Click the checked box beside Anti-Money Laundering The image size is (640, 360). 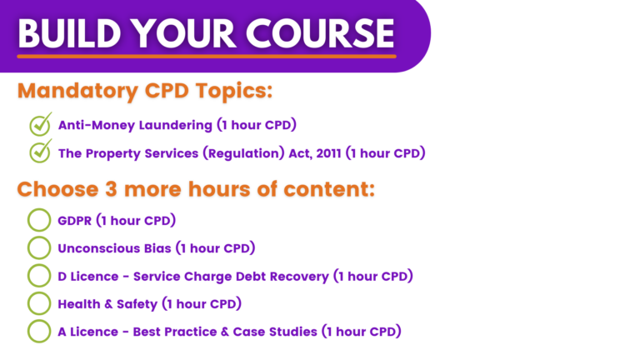tap(39, 125)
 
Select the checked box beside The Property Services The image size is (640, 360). tap(39, 152)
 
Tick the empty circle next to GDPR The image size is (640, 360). tap(39, 220)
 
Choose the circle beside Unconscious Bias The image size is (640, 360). tap(39, 247)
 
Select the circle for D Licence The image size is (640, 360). tap(39, 275)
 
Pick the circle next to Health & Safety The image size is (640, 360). tap(39, 303)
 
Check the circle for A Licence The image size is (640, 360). tap(39, 331)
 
